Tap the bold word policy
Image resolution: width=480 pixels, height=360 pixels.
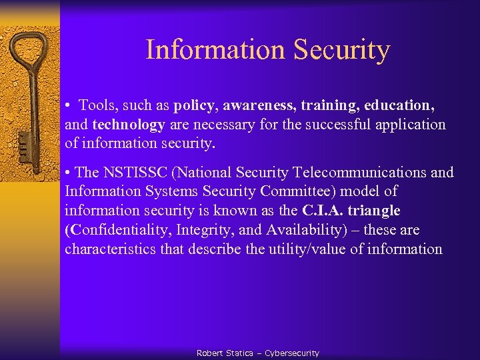point(195,105)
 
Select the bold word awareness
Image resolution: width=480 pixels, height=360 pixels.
point(259,105)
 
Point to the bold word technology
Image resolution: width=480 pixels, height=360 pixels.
point(129,125)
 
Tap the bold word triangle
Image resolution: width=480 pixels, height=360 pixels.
point(374,211)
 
